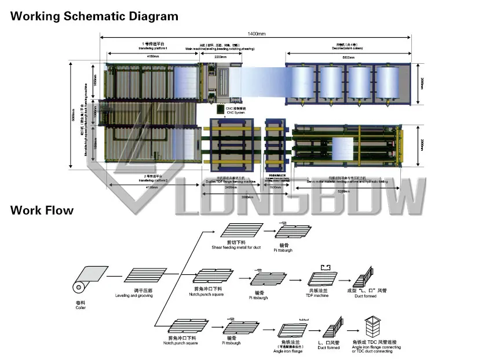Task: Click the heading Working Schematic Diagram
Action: [x=94, y=16]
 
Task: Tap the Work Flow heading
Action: [x=42, y=210]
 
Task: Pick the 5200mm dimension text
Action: [x=348, y=191]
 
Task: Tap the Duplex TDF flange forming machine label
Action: [x=231, y=180]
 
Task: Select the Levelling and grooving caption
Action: [x=135, y=296]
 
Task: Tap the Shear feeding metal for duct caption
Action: [x=236, y=248]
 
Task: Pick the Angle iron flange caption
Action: [x=288, y=351]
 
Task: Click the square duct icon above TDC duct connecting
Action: [x=372, y=327]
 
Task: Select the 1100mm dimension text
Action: [x=275, y=187]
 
